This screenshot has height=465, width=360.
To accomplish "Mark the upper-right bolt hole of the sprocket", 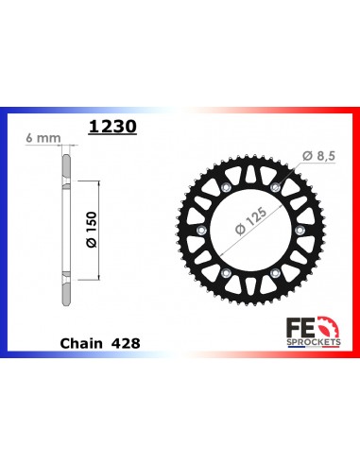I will [x=275, y=188].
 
